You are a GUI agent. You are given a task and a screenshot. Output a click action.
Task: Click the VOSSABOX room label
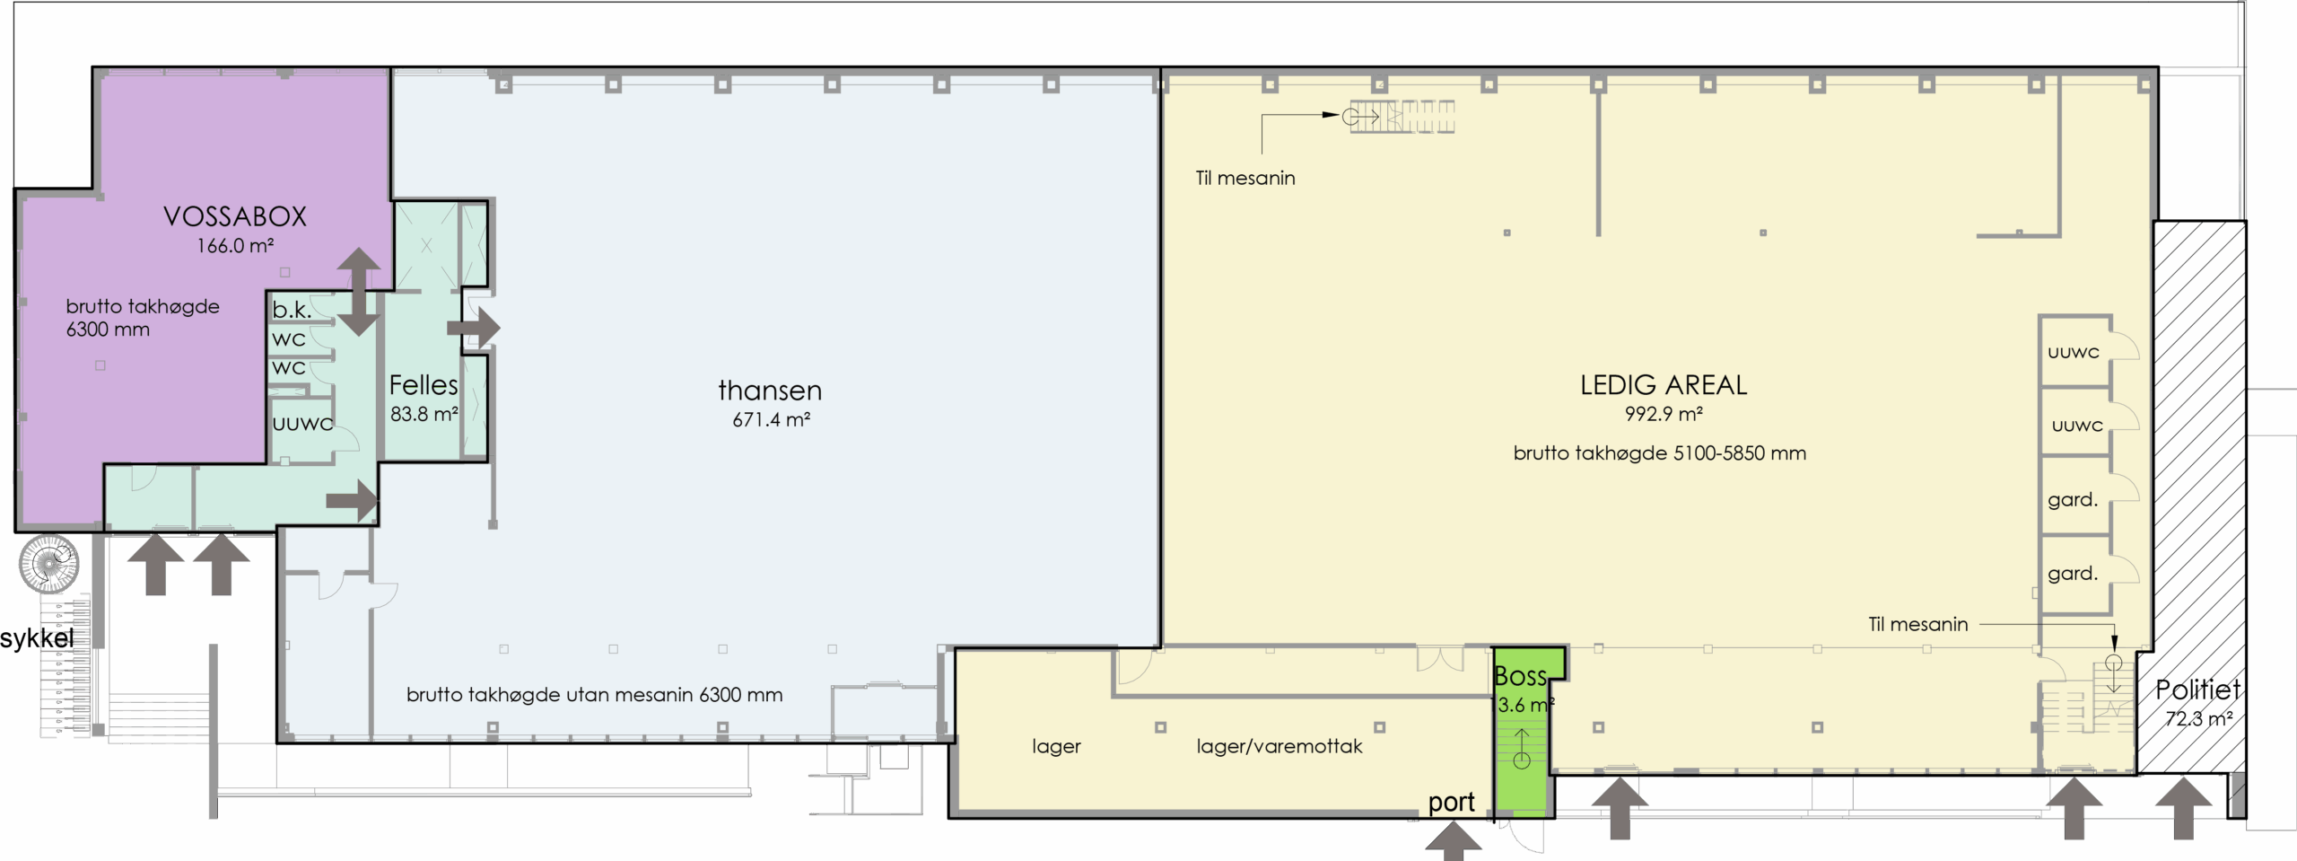point(235,216)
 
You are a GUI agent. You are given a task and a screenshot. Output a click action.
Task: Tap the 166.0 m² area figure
point(235,245)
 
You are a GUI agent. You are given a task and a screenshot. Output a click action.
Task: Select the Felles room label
point(424,385)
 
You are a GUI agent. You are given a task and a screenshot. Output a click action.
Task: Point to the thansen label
point(770,391)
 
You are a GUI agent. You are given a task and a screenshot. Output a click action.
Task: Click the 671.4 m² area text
point(772,419)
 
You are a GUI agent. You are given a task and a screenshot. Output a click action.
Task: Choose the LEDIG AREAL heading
point(1664,385)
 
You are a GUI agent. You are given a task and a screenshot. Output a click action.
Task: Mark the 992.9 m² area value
point(1664,414)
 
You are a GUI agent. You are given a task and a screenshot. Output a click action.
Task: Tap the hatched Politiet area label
point(2197,690)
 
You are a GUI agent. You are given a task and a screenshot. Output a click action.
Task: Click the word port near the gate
point(1451,802)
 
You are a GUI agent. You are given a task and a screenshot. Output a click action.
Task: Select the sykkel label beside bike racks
point(37,638)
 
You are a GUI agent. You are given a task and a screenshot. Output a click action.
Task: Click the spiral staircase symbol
point(49,564)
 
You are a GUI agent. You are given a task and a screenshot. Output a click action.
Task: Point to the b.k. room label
point(292,310)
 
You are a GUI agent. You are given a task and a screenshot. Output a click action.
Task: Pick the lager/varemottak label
point(1280,746)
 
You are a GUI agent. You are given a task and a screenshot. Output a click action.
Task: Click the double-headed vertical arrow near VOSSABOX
point(358,292)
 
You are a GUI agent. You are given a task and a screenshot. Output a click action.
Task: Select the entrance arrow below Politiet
point(2183,808)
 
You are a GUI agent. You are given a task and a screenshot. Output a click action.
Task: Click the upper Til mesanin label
point(1245,178)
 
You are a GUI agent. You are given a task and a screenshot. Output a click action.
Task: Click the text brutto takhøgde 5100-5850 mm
point(1660,453)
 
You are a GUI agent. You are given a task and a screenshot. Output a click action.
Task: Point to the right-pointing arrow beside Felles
point(474,328)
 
